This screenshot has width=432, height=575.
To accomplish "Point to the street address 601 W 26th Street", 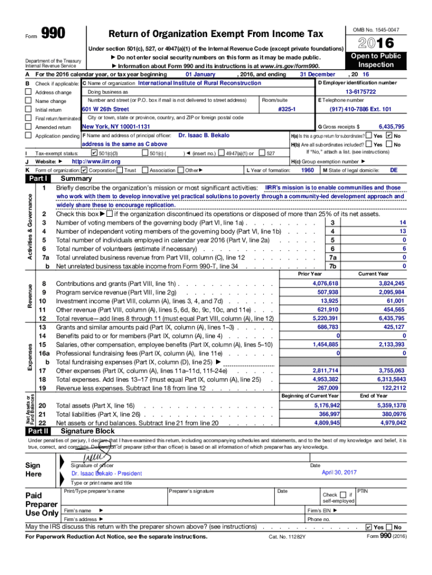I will [x=105, y=109].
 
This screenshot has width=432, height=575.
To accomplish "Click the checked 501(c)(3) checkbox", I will [x=94, y=153].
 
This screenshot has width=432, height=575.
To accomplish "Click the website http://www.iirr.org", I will [x=96, y=161].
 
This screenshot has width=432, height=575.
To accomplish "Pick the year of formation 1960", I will [x=307, y=170].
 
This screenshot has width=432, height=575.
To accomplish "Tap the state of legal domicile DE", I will [x=393, y=170].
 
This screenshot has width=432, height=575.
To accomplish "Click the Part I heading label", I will [x=39, y=178].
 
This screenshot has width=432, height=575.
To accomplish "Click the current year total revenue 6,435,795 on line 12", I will [x=391, y=318].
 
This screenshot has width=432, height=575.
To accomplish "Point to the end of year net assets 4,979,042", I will [x=393, y=422].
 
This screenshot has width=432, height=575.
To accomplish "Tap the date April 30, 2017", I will [x=339, y=472].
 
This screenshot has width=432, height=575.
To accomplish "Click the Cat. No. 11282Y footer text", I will [x=287, y=537].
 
